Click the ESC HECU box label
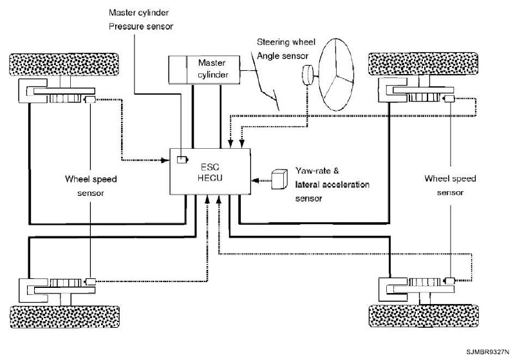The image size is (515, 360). click(210, 173)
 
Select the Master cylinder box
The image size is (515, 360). click(204, 70)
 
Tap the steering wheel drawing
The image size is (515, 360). click(336, 75)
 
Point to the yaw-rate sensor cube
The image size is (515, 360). click(279, 179)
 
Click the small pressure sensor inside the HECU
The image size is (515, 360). click(182, 160)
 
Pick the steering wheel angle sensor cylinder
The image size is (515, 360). click(308, 75)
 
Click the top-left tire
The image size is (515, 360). click(64, 64)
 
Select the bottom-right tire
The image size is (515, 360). click(424, 316)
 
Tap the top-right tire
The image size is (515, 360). click(424, 63)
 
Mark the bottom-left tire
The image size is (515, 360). click(65, 317)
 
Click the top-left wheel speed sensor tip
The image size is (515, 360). click(90, 100)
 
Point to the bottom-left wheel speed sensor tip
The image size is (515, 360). click(90, 281)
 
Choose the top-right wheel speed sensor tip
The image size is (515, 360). click(449, 99)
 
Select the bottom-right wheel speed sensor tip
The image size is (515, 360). click(449, 281)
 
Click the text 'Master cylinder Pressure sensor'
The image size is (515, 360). click(141, 20)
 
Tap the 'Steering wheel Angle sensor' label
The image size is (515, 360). click(286, 49)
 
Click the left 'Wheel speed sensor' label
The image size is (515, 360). click(91, 186)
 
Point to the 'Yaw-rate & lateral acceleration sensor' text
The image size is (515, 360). click(332, 185)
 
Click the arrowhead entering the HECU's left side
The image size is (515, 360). click(166, 160)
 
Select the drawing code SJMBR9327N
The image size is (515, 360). click(487, 352)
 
